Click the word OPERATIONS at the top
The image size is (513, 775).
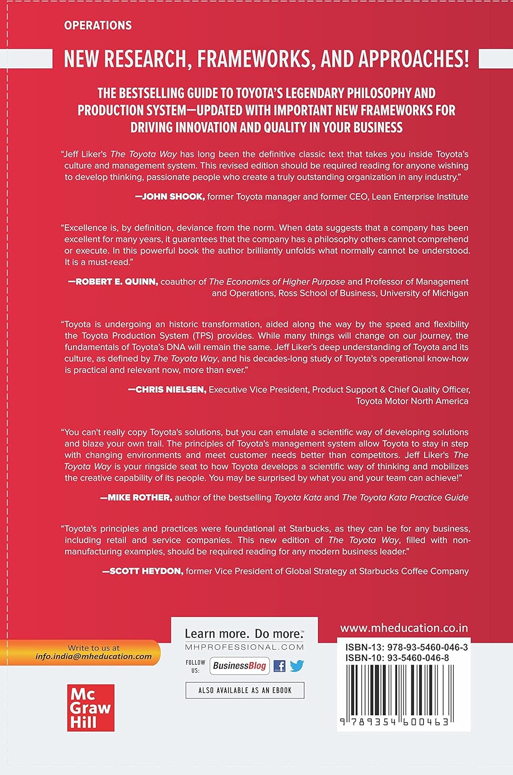click(98, 25)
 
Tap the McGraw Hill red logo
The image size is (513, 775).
click(90, 708)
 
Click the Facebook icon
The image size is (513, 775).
click(279, 666)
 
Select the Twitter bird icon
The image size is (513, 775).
click(297, 666)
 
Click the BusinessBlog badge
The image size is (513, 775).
click(239, 666)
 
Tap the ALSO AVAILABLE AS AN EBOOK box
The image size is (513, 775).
click(245, 690)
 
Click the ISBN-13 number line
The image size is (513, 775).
click(403, 647)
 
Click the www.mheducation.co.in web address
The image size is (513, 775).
click(404, 628)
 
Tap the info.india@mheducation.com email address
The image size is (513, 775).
click(94, 657)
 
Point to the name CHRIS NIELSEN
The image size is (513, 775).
click(167, 390)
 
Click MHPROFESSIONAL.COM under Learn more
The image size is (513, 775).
click(244, 647)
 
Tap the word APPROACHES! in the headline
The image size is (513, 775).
click(395, 60)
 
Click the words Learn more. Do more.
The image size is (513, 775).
click(244, 634)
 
